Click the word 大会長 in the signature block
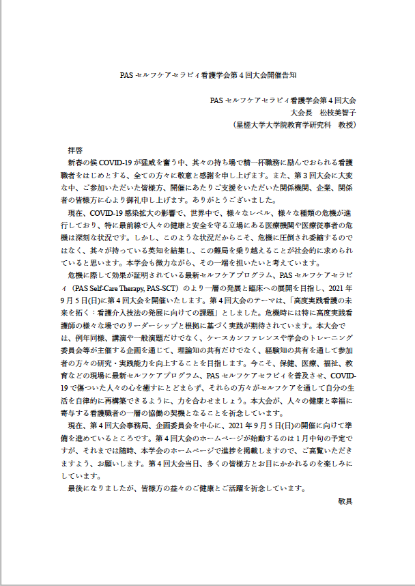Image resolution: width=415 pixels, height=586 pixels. (x=301, y=112)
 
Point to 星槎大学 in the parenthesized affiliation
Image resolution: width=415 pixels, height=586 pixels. (x=253, y=125)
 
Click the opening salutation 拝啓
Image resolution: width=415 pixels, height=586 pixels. (x=75, y=149)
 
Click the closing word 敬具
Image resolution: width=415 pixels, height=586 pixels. (x=345, y=501)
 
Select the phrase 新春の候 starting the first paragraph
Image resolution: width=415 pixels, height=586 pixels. (x=83, y=163)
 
